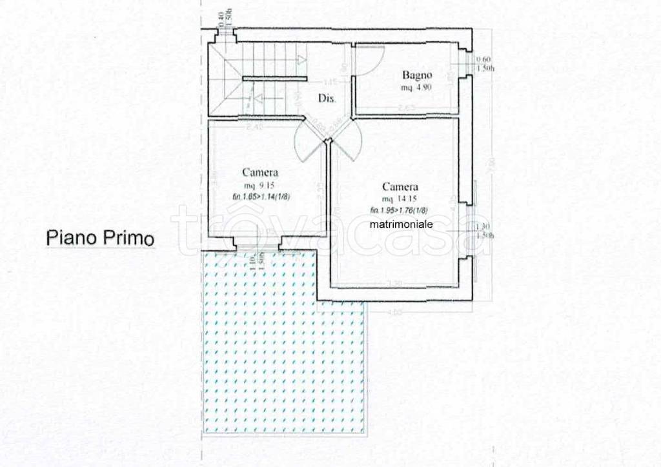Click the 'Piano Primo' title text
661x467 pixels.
click(x=101, y=239)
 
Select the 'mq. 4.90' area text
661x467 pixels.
click(x=416, y=87)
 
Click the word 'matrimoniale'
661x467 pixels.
click(x=402, y=224)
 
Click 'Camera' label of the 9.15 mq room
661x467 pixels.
click(x=260, y=172)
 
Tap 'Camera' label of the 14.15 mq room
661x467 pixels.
click(x=400, y=186)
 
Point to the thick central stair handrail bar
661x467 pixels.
click(x=274, y=78)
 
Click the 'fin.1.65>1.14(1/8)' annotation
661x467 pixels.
click(x=260, y=197)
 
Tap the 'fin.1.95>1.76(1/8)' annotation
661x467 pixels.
click(x=400, y=210)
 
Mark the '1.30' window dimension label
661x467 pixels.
click(x=481, y=227)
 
